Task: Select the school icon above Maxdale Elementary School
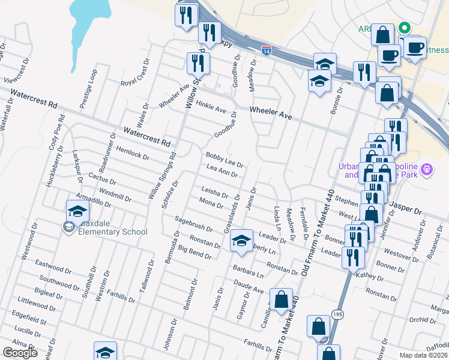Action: (x=77, y=212)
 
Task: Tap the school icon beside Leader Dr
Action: (x=241, y=241)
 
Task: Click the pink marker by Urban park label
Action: (x=427, y=169)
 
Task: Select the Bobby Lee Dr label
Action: (x=224, y=159)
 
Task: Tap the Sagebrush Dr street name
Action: (x=194, y=224)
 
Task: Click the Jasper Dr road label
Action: (x=406, y=208)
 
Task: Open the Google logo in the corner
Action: (x=20, y=353)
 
